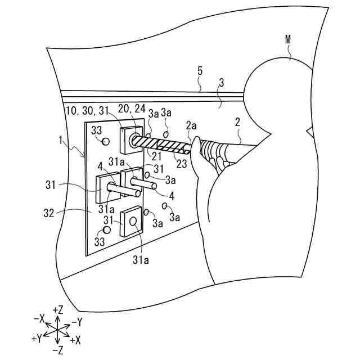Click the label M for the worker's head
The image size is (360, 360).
[289, 40]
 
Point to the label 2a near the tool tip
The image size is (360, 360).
[192, 126]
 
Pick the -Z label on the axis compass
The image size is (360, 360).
[57, 350]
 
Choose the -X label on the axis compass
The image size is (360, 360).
[39, 319]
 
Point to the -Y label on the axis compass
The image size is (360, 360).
[77, 322]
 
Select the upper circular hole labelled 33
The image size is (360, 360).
[104, 142]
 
